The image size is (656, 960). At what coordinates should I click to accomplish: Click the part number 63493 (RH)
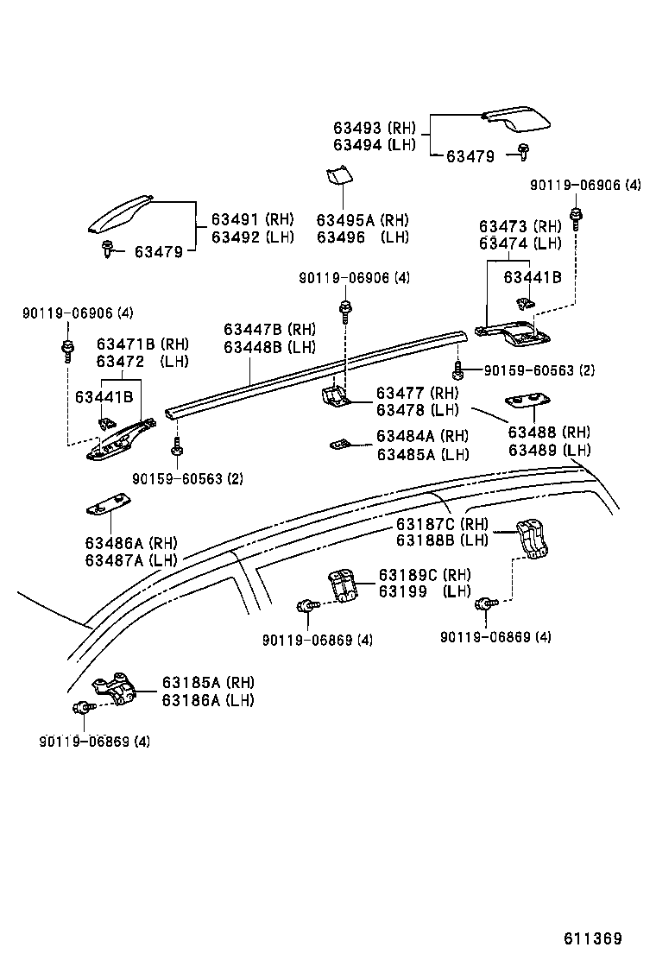(374, 128)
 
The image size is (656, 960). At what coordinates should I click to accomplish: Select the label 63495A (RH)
(362, 220)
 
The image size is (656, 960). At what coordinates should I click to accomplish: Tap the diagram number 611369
(593, 938)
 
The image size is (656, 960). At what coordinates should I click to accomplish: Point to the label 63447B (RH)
(269, 330)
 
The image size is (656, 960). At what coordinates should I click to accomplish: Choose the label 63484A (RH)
(422, 437)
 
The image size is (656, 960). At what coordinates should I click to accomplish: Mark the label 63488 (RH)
(549, 433)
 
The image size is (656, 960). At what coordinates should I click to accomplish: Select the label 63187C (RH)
(442, 524)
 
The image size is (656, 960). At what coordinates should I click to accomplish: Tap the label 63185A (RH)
(207, 683)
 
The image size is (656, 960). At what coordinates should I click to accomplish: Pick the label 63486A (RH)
(130, 543)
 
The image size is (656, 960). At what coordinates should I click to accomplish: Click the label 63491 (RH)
(252, 219)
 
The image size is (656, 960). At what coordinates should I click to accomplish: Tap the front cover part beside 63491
(119, 215)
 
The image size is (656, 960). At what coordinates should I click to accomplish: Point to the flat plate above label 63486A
(108, 506)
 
